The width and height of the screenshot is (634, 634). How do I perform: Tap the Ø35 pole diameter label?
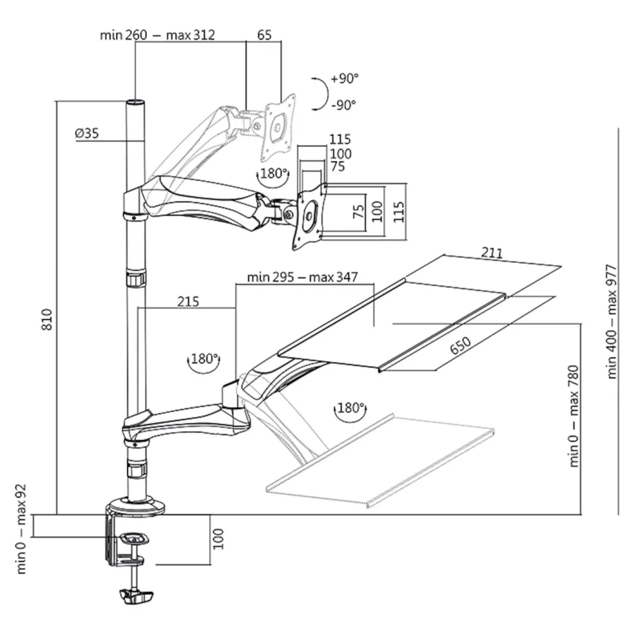click(x=87, y=133)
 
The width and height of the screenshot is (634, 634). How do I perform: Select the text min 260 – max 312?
click(x=157, y=35)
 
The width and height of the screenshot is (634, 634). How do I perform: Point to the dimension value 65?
click(x=265, y=35)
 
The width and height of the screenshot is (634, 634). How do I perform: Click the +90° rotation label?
click(x=344, y=78)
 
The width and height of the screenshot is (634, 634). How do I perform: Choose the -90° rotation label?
click(x=344, y=105)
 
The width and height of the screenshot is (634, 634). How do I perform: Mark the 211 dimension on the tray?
click(x=492, y=253)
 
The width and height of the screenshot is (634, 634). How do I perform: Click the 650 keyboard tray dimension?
click(x=460, y=345)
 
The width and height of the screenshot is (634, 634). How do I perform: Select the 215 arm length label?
click(x=188, y=301)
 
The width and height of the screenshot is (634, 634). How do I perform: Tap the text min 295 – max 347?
click(x=303, y=278)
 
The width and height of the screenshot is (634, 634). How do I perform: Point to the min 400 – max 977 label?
click(x=612, y=322)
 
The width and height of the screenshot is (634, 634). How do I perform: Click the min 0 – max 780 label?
click(x=574, y=417)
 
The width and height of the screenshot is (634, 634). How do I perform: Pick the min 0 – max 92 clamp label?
click(x=21, y=530)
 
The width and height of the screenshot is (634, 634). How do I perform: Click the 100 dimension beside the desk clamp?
click(x=218, y=538)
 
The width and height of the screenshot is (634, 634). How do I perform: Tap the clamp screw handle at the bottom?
click(x=137, y=596)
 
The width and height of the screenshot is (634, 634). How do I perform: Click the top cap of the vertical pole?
click(x=135, y=102)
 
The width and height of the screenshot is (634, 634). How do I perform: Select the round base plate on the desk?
click(x=135, y=506)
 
